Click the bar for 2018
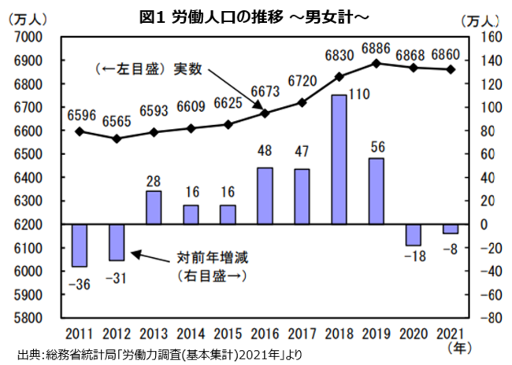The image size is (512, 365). click(x=339, y=160)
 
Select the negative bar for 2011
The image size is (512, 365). click(x=80, y=245)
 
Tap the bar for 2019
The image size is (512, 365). click(x=376, y=191)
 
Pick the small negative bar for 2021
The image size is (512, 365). click(x=450, y=229)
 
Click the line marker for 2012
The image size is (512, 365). click(x=117, y=138)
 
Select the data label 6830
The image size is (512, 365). click(x=339, y=56)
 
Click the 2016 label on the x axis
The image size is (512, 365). click(x=265, y=332)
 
